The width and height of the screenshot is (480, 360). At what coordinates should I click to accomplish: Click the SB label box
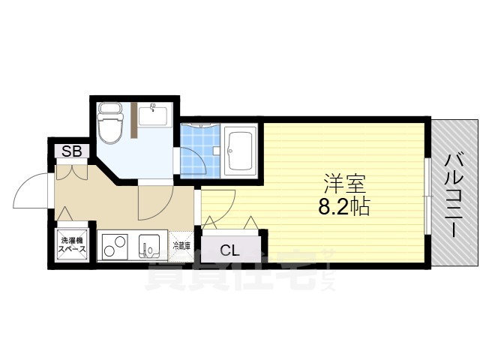pos(72,150)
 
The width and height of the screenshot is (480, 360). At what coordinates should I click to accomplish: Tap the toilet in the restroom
pos(110,127)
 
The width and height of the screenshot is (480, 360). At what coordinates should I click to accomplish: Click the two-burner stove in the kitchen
pos(114,245)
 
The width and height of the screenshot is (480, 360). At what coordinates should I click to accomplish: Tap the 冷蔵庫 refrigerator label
pos(181,245)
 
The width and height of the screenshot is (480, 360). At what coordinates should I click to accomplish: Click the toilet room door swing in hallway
pos(155,202)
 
